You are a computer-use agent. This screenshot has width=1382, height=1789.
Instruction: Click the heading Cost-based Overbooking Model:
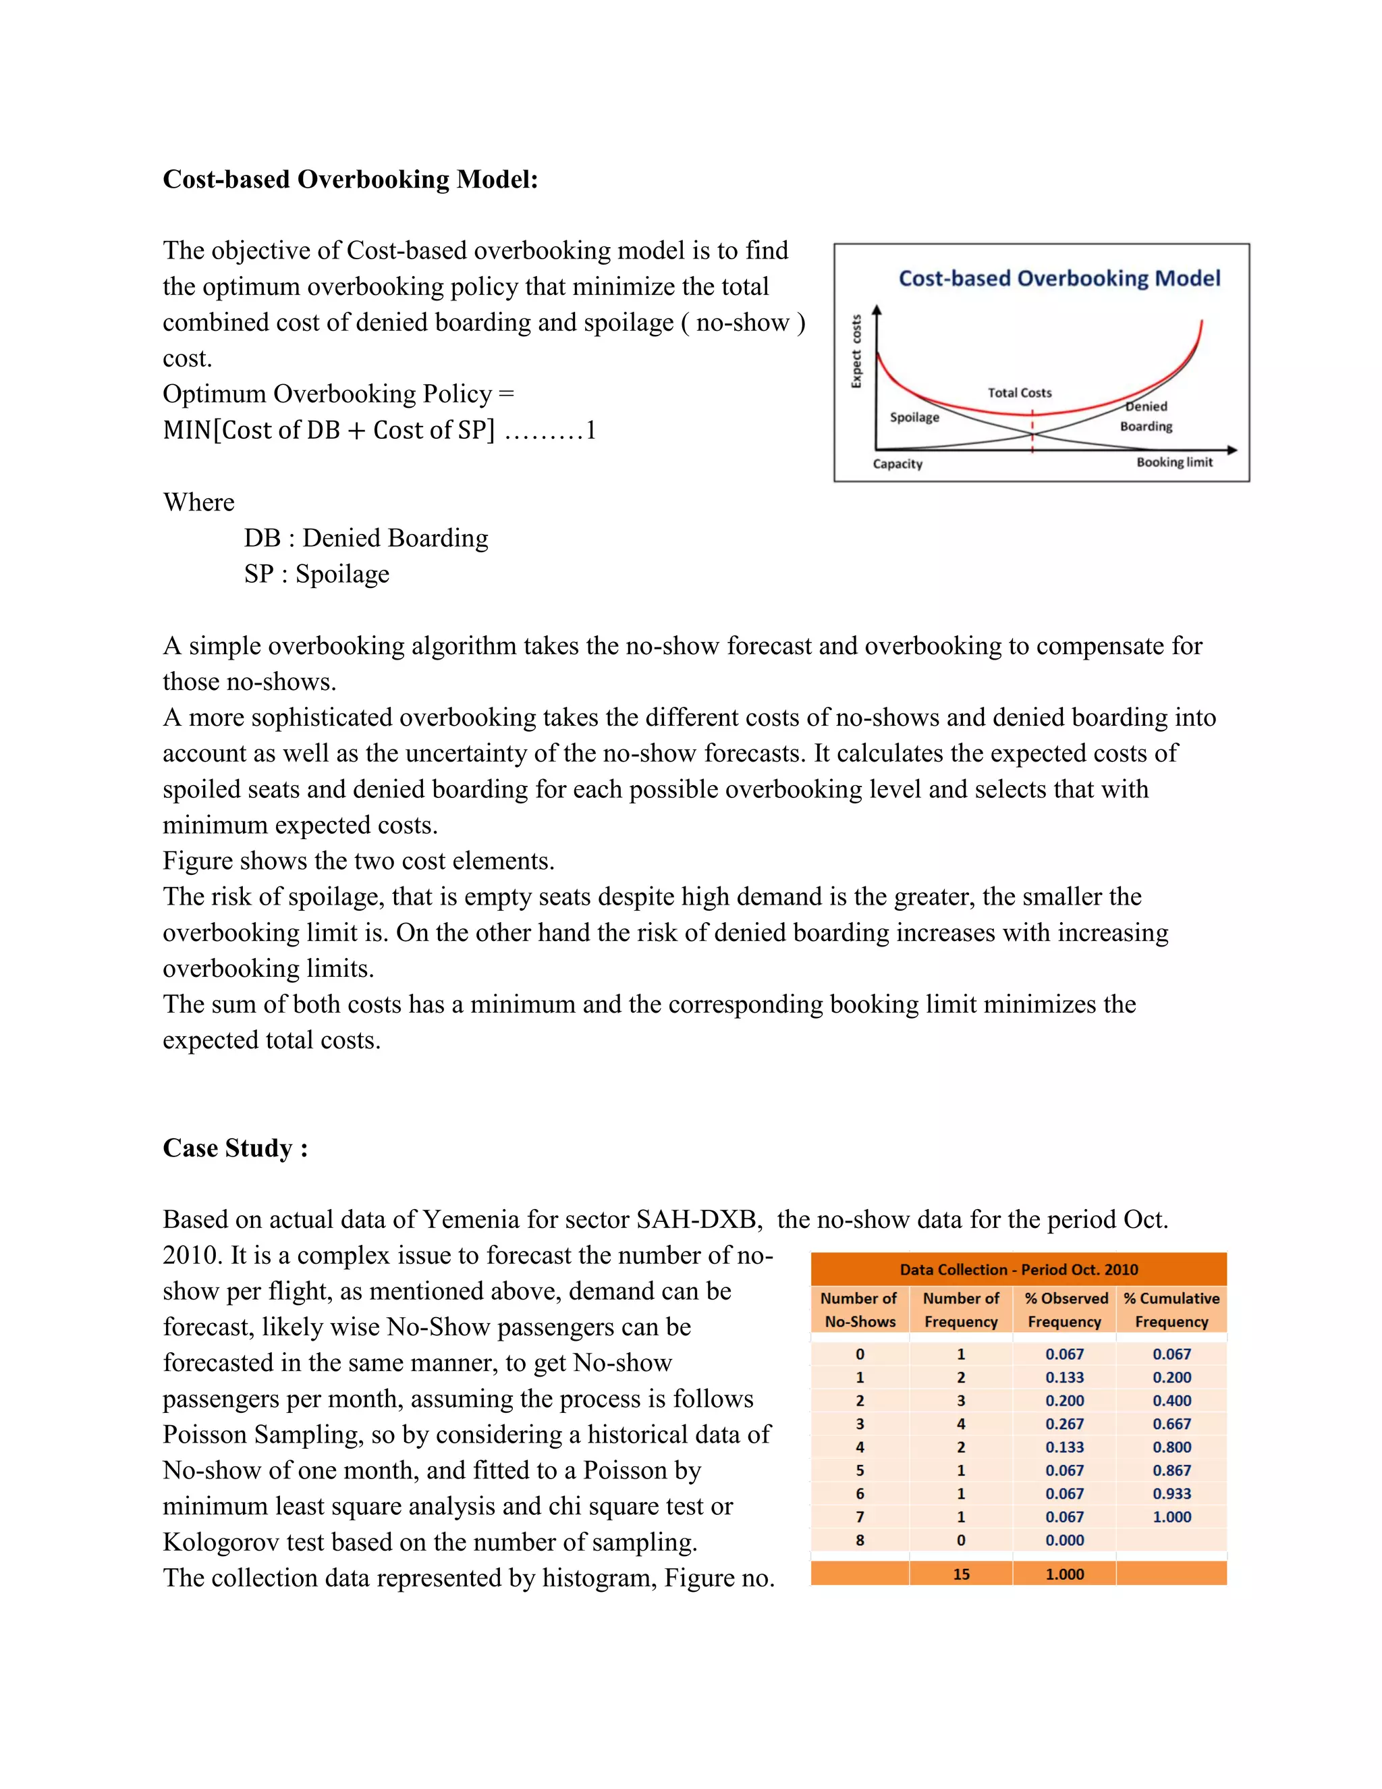tap(350, 180)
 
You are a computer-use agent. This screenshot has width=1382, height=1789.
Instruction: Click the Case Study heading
tap(235, 1148)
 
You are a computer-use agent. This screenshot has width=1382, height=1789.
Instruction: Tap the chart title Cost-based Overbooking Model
tap(1059, 279)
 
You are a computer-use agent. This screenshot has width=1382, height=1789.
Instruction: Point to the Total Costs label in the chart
tap(1020, 392)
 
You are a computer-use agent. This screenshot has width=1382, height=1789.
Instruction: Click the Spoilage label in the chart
tap(914, 417)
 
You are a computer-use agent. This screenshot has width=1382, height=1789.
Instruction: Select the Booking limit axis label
tap(1174, 462)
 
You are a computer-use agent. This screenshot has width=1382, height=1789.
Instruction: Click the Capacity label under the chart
tap(897, 464)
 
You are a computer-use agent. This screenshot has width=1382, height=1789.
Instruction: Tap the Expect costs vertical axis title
tap(856, 352)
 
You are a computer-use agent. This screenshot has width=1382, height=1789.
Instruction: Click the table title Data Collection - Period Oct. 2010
tap(1018, 1270)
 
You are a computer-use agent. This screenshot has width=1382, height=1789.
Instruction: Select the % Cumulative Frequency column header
tap(1171, 1310)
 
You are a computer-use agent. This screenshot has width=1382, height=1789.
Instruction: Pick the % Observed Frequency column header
tap(1065, 1310)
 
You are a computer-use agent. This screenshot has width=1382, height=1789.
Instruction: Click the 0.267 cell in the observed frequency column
tap(1064, 1424)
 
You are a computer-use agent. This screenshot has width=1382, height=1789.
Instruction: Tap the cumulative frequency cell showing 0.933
tap(1171, 1493)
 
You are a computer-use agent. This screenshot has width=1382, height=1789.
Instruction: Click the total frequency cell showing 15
tap(961, 1574)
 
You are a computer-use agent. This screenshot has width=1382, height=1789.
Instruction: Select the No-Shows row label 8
tap(860, 1540)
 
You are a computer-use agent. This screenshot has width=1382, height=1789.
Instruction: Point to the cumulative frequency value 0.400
tap(1171, 1401)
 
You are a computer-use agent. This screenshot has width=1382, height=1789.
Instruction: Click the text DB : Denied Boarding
tap(366, 538)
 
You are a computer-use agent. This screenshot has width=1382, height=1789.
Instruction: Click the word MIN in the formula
tap(187, 430)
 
